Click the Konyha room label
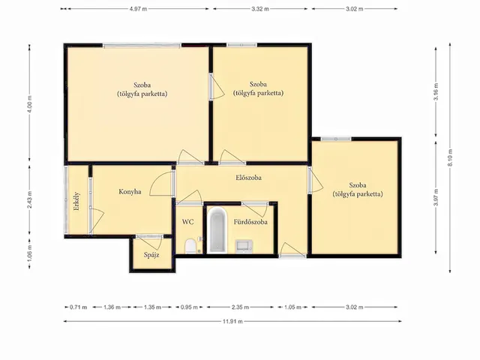coord(130,192)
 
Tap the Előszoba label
coord(248,178)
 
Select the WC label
coord(187,222)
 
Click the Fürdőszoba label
coord(250,222)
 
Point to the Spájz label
coord(151,255)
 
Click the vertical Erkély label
coord(76,201)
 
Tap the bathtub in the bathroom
coord(217,230)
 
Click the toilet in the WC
coord(190,247)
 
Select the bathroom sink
coord(244,247)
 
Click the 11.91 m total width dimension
coord(232,322)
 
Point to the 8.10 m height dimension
coord(450,157)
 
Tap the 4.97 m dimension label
coord(138,9)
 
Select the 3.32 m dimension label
coord(260,9)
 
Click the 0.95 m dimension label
coord(189,307)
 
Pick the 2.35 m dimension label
coord(240,307)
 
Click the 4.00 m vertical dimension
coord(30,104)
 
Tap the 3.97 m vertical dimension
coord(436,197)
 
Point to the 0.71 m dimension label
coord(78,307)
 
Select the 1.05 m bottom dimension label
coord(292,307)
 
